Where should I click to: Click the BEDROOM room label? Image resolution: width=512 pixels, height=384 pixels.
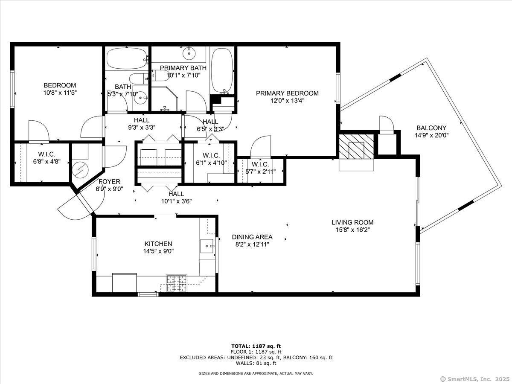point(60,85)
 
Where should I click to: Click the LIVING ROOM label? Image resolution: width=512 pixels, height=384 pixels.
point(352,222)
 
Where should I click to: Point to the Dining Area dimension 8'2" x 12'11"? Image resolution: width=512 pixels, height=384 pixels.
point(252,244)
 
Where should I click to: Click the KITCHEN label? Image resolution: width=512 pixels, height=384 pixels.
point(158,244)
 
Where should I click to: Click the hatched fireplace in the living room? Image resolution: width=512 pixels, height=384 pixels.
point(356,145)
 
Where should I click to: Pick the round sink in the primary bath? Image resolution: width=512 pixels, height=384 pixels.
point(188,54)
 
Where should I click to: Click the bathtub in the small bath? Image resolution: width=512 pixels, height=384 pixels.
point(126,58)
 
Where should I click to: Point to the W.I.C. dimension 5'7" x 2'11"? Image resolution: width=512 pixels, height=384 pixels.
point(260,172)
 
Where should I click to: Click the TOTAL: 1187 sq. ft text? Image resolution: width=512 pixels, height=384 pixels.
point(256,346)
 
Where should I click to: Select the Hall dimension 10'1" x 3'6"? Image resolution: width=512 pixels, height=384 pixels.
point(176,201)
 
